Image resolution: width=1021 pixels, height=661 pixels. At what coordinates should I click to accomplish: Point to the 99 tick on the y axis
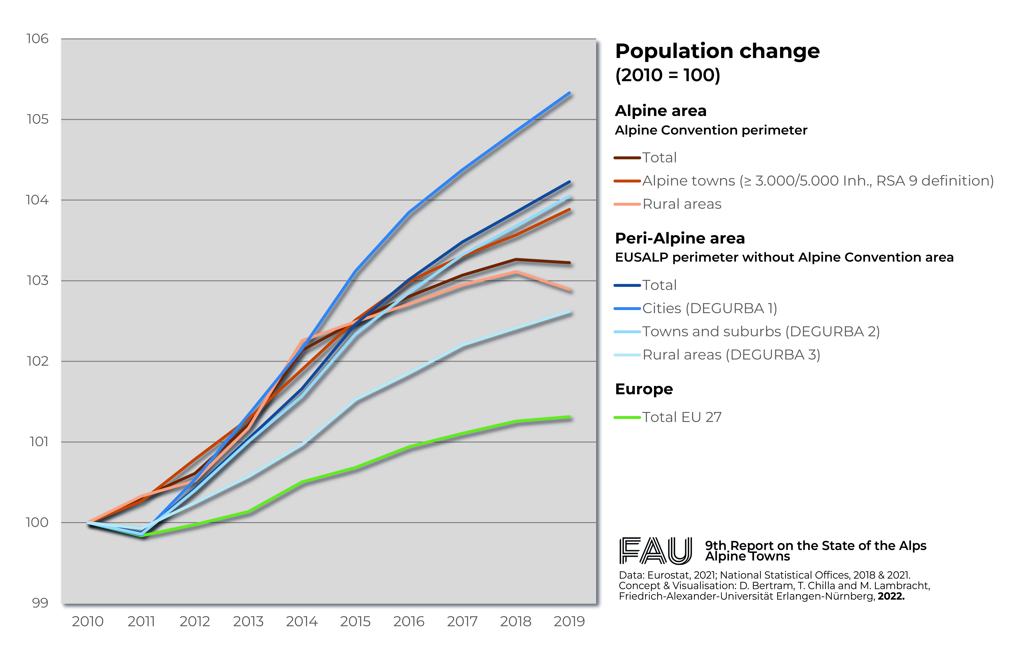point(40,603)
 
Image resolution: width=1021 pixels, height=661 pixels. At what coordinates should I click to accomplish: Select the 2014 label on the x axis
point(302,621)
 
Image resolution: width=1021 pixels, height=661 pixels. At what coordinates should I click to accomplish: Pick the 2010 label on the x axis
point(88,621)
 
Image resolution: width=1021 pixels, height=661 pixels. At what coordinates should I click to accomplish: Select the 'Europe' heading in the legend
point(644,389)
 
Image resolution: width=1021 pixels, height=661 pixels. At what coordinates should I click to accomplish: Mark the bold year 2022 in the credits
point(891,596)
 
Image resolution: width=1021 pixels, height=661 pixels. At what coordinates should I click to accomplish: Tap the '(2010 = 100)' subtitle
point(668,75)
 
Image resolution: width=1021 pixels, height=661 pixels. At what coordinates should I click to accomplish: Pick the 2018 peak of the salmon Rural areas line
point(516,272)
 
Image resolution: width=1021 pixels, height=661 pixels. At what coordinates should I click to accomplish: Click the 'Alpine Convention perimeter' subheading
point(711,130)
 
